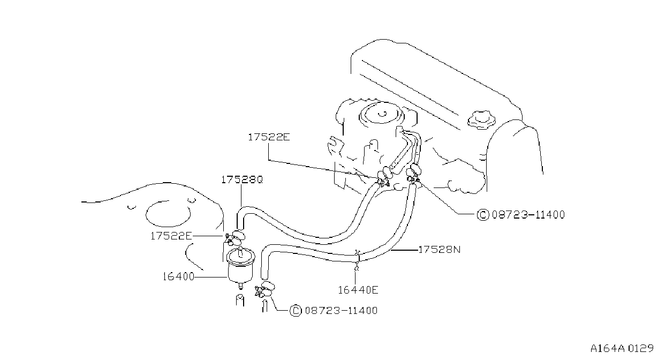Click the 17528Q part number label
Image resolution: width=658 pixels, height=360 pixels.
point(242,180)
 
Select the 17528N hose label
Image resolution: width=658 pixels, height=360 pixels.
point(440,250)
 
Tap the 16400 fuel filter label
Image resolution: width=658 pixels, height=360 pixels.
point(179,276)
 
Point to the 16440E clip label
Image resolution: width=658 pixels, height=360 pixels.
point(358,290)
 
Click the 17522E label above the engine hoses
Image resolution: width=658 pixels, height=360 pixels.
point(269,137)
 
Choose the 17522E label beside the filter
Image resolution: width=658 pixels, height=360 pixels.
point(171,236)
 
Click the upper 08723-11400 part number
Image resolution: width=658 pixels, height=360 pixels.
point(528,215)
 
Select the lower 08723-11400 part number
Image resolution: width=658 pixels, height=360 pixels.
point(341,311)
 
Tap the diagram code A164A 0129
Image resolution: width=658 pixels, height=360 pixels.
point(622,349)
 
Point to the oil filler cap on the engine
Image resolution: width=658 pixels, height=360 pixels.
point(482,119)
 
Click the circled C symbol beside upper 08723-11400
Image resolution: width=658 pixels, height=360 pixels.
point(483,215)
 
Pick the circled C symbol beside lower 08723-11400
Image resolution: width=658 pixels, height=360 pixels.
point(296,311)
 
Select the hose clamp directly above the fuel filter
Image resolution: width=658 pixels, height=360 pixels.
point(235,238)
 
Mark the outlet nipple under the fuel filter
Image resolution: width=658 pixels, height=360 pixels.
point(240,285)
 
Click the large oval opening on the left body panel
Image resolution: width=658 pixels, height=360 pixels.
point(168,214)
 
